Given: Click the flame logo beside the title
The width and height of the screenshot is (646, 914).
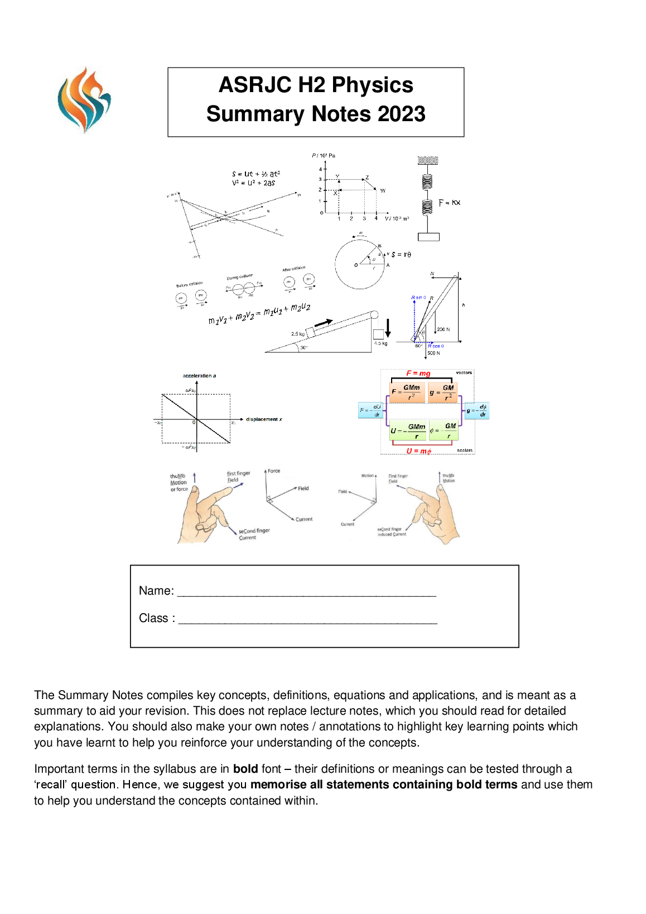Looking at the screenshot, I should pos(84,100).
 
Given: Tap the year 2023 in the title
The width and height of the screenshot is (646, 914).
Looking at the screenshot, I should pos(401,114).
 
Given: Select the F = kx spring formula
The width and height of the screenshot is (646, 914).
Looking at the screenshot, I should pos(449,203).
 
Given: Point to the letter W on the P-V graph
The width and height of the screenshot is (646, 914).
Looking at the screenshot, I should pos(383,191).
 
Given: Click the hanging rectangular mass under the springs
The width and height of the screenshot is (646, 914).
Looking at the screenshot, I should pos(428,237).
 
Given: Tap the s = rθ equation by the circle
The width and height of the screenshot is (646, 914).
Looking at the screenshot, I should pos(401,255).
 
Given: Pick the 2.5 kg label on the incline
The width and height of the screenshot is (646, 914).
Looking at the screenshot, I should pos(298,334).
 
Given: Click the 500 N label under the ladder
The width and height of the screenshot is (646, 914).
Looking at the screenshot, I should pos(433,353).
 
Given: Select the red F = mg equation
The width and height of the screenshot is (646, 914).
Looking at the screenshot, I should pos(418,374).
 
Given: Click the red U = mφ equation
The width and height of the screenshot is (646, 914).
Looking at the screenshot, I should pos(418,451).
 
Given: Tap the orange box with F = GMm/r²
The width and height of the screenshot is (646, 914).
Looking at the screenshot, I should pos(407,391).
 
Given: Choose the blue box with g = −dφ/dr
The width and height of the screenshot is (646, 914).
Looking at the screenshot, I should pos(477,411).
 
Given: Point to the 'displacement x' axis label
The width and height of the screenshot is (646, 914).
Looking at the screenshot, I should pos(264,419).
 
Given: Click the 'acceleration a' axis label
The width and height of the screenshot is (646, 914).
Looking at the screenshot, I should pos(199,376).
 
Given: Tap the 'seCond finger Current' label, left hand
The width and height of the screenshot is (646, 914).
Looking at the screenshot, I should pos(254,534).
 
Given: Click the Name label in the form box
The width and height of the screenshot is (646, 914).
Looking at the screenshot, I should pos(156,591).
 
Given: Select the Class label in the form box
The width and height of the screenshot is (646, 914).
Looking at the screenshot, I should pos(156,618).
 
